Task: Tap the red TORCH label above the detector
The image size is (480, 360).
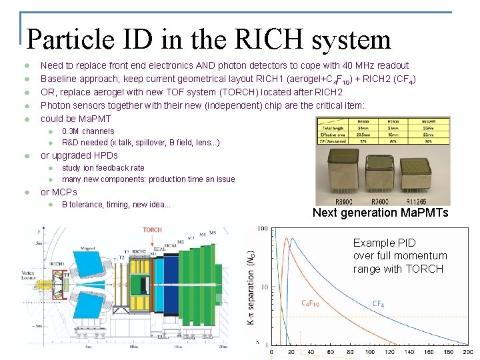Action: [x=152, y=230]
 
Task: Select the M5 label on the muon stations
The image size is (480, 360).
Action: [x=213, y=233]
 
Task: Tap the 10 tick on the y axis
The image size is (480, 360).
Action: [x=264, y=287]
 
